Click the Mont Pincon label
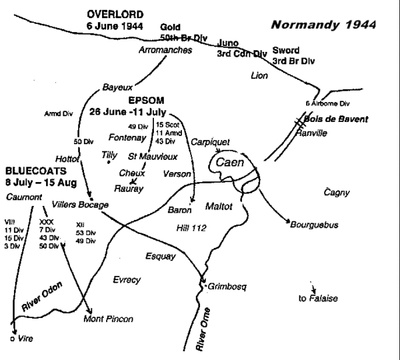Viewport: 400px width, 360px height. point(105,319)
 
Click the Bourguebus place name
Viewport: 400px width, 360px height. point(314,225)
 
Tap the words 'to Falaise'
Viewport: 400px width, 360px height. point(317,298)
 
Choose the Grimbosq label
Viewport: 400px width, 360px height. point(227,286)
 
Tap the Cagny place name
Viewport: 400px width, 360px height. point(336,192)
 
